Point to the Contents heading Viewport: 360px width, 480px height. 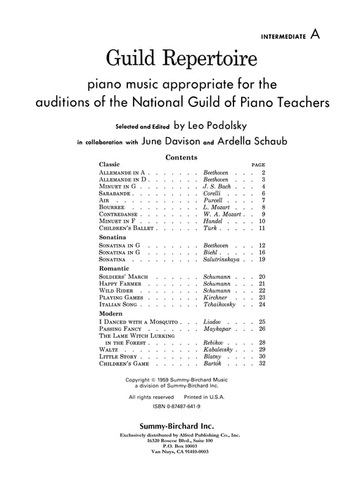pyautogui.click(x=179, y=158)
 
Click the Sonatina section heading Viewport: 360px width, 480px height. pyautogui.click(x=112, y=238)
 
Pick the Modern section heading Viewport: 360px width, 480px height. pyautogui.click(x=111, y=314)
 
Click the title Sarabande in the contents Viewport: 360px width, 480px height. pyautogui.click(x=115, y=194)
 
